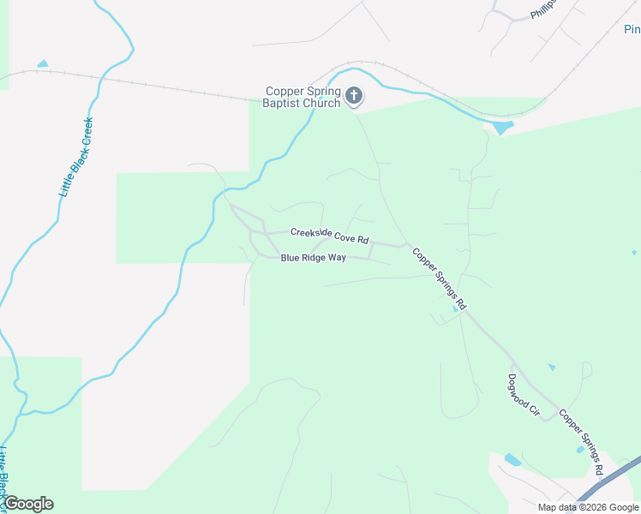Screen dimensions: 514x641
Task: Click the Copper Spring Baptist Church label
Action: tap(303, 97)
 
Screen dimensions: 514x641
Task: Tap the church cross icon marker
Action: tap(355, 96)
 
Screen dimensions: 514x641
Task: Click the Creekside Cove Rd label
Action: tap(329, 235)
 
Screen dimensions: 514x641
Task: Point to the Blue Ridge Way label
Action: tap(313, 257)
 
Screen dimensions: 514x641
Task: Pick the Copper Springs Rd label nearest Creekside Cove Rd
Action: tap(440, 278)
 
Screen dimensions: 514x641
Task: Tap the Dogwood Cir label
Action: tap(523, 395)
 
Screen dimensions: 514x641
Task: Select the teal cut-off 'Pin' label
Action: tap(632, 30)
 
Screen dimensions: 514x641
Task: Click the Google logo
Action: tap(28, 504)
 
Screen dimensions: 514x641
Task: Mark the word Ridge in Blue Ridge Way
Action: tap(314, 257)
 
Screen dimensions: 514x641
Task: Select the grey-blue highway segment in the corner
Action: tap(610, 481)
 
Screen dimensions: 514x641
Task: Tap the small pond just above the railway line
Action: tap(43, 64)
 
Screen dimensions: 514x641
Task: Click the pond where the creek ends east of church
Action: tap(501, 128)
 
